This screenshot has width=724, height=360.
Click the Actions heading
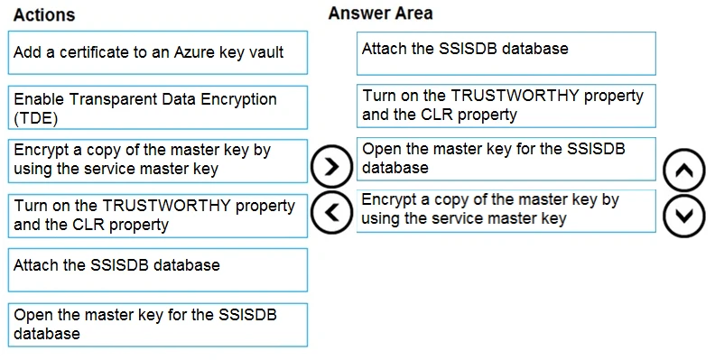pyautogui.click(x=44, y=15)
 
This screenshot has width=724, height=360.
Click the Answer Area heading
pyautogui.click(x=380, y=14)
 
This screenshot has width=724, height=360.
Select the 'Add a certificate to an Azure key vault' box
pyautogui.click(x=157, y=52)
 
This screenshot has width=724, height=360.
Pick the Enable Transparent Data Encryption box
pyautogui.click(x=157, y=107)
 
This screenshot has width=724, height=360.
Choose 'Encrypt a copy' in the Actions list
pyautogui.click(x=157, y=160)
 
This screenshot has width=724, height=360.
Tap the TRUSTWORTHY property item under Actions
pyautogui.click(x=157, y=215)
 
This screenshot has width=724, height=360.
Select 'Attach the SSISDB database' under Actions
pyautogui.click(x=157, y=269)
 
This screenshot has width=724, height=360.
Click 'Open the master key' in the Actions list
pyautogui.click(x=157, y=324)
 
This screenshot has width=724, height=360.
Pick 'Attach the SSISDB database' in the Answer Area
pyautogui.click(x=506, y=53)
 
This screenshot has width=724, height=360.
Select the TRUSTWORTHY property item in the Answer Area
pyautogui.click(x=506, y=106)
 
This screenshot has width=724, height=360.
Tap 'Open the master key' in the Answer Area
pyautogui.click(x=506, y=159)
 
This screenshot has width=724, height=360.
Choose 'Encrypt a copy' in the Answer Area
pyautogui.click(x=506, y=209)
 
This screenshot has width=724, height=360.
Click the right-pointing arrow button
pyautogui.click(x=330, y=166)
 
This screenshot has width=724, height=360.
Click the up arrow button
pyautogui.click(x=683, y=168)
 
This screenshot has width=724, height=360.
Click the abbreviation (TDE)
pyautogui.click(x=34, y=117)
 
